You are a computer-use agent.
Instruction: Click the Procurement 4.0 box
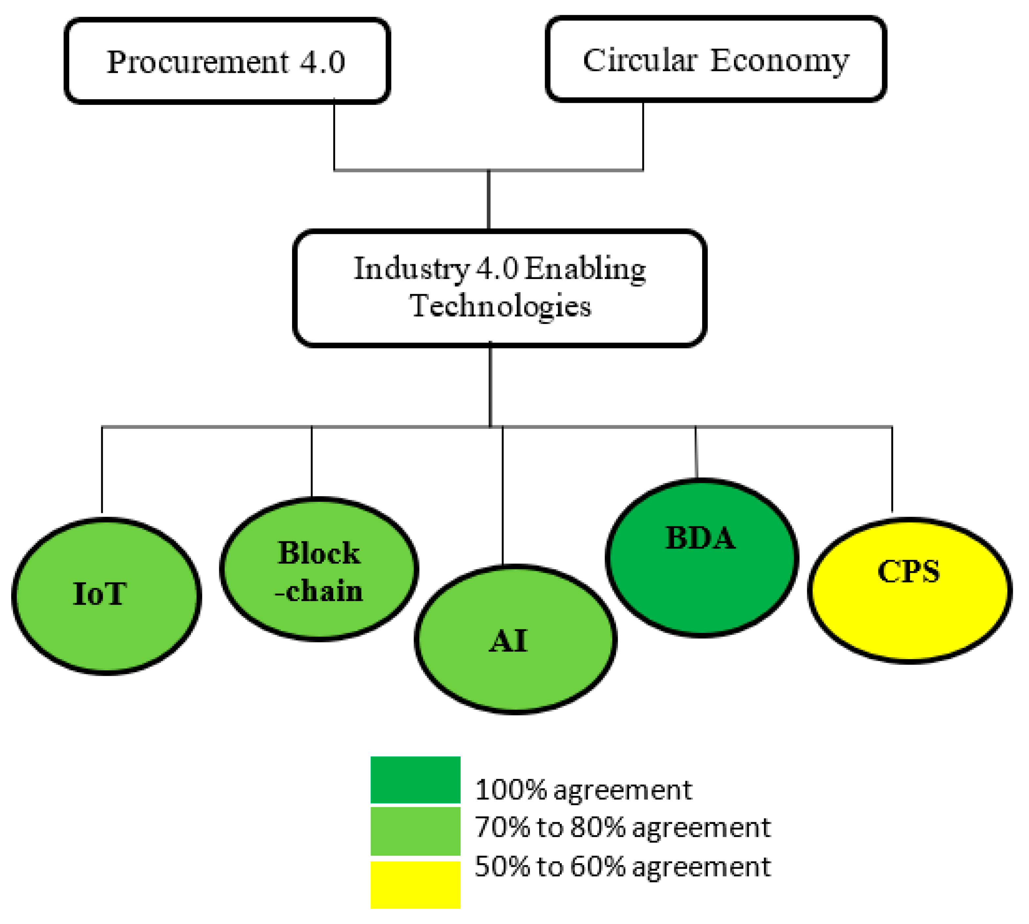227,61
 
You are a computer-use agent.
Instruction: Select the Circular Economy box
716,59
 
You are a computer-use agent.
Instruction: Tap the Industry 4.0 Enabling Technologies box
499,288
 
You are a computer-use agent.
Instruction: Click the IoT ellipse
106,596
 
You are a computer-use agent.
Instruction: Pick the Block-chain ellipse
319,568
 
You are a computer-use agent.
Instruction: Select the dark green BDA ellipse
701,557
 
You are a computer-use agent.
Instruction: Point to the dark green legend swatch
415,780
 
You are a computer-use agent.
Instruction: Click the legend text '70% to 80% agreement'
622,827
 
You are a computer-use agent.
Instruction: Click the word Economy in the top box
779,61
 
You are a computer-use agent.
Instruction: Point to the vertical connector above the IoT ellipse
102,470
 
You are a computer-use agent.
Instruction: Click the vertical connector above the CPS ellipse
892,470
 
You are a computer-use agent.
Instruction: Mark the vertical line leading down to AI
503,495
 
